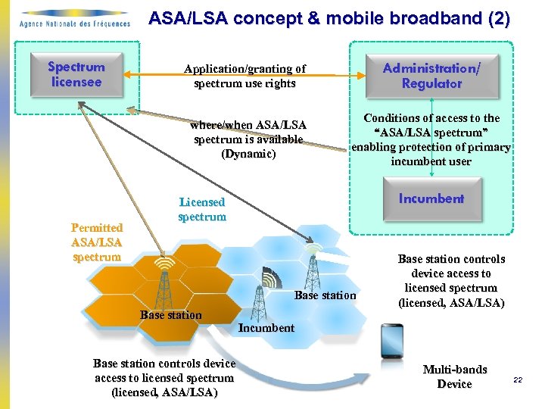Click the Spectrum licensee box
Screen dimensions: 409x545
(75, 74)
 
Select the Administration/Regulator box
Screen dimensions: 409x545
(431, 75)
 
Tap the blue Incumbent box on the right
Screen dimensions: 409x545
(431, 198)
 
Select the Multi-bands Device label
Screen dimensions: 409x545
(454, 376)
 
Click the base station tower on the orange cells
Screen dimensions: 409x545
(163, 283)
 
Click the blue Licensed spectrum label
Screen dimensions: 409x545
(201, 210)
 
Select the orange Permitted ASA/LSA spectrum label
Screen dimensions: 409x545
(96, 242)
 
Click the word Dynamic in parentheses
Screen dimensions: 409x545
(248, 154)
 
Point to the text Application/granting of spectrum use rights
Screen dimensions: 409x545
(244, 76)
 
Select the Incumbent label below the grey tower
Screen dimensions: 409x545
(266, 328)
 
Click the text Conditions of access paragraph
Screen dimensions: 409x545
(431, 139)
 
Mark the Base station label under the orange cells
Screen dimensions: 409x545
(171, 315)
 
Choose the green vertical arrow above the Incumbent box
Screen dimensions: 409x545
(431, 170)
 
